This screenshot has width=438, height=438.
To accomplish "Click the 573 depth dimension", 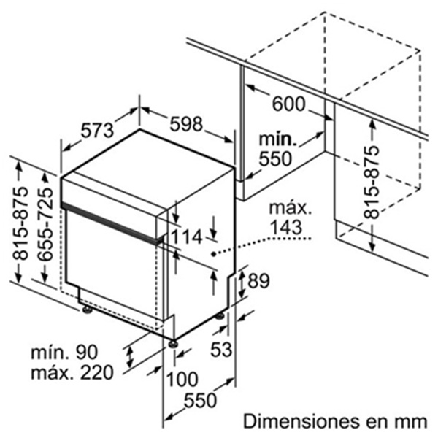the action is coord(98,130).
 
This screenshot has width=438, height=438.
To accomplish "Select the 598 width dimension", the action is coord(186,124).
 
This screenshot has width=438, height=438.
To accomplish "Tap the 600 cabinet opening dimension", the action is coord(288,104).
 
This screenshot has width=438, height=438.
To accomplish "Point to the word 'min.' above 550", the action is coord(277,139).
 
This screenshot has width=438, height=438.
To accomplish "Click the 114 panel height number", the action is coord(186,237).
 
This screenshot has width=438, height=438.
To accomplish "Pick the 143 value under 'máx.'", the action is coord(286,227).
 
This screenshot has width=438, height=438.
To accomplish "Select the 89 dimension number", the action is coord(258,281).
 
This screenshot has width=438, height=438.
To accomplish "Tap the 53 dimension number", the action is coord(221,349).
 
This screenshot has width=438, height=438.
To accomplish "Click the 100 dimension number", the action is coord(182,379).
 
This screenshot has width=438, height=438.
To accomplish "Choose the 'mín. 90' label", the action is coord(64,352).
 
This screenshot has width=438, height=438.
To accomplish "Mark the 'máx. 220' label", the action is coord(72,372).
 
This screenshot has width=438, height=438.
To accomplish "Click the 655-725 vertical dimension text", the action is coord(45,225).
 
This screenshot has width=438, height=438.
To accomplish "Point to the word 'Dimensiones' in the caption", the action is coord(300,421).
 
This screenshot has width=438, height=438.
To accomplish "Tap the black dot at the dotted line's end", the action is coord(213,254).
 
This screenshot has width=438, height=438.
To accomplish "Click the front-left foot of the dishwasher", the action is coord(88,310).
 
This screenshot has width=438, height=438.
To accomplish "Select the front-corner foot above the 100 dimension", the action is coord(173,343).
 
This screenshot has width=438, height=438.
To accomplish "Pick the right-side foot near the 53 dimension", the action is coord(220,316).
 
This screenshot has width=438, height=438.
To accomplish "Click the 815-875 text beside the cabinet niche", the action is coord(372,182).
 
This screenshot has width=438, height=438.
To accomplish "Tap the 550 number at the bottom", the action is coord(200,400).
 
